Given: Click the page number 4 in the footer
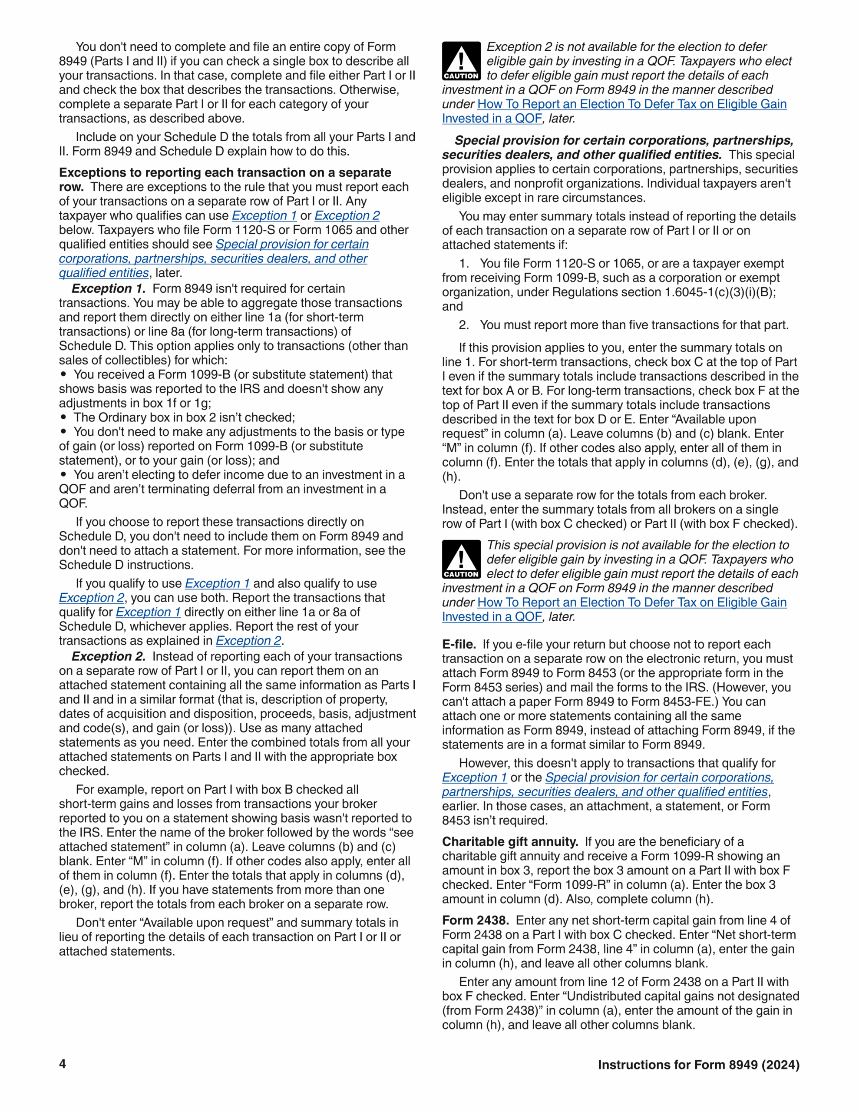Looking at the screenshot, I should point(62,1064).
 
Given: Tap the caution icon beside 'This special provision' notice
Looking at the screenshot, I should point(461,559).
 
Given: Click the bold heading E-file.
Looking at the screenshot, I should point(459,644).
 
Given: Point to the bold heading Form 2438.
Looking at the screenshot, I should point(475,920).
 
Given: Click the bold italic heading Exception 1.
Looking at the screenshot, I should point(109,289).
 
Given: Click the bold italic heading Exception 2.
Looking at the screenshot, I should point(109,656).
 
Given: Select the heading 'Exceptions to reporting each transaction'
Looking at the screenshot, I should point(225,172).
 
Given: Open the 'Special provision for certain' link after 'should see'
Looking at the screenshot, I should point(292,245).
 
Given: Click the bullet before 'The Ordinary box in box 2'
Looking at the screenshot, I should point(64,417).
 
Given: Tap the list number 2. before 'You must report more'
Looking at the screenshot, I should point(463,325).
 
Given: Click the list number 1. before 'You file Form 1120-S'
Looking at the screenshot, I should point(463,264).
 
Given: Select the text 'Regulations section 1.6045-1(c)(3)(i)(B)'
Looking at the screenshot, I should point(663,292).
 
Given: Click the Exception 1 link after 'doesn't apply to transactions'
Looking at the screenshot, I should point(474,778).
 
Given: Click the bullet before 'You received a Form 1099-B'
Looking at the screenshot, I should point(64,374).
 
